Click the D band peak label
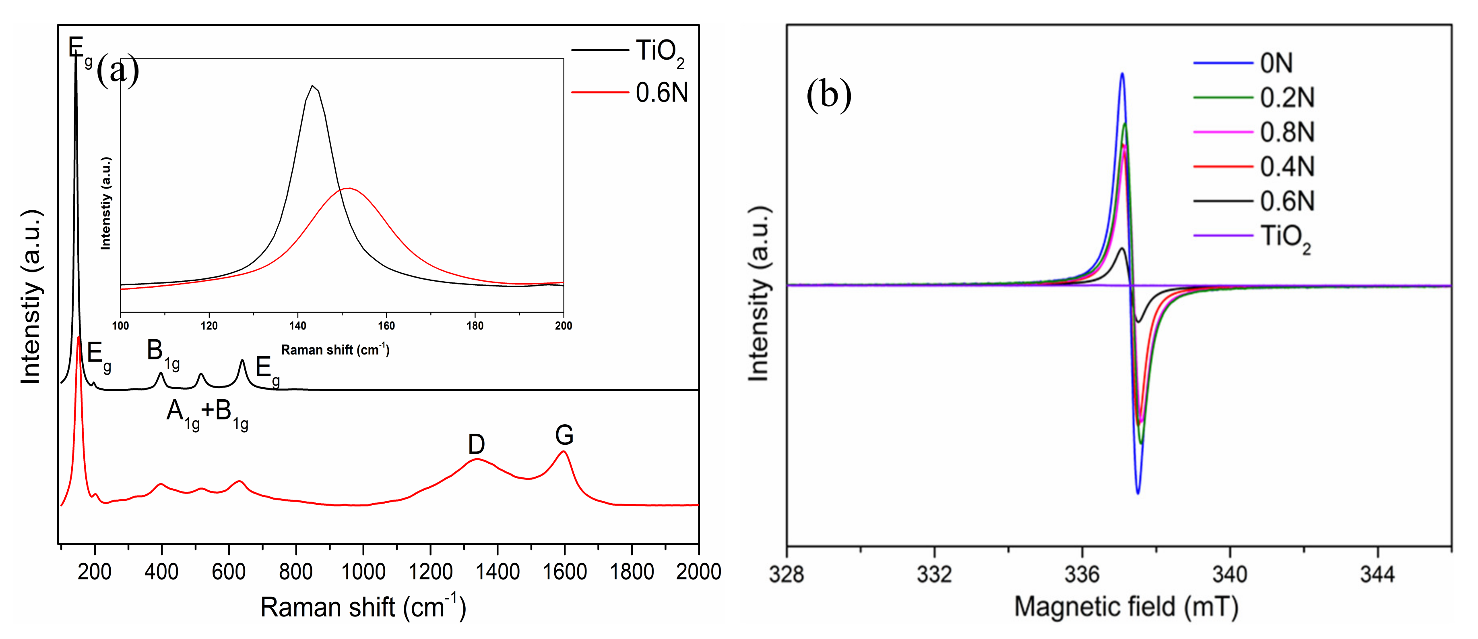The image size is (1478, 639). tap(476, 444)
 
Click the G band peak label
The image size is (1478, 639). tap(564, 435)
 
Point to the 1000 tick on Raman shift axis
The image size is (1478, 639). tap(363, 572)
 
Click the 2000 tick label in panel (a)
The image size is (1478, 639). tap(698, 572)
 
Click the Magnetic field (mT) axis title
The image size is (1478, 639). tap(1126, 607)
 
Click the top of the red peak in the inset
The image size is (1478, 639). tap(348, 188)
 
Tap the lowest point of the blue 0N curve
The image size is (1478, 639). tap(1137, 493)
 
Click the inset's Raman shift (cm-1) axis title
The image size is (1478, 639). tap(335, 350)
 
